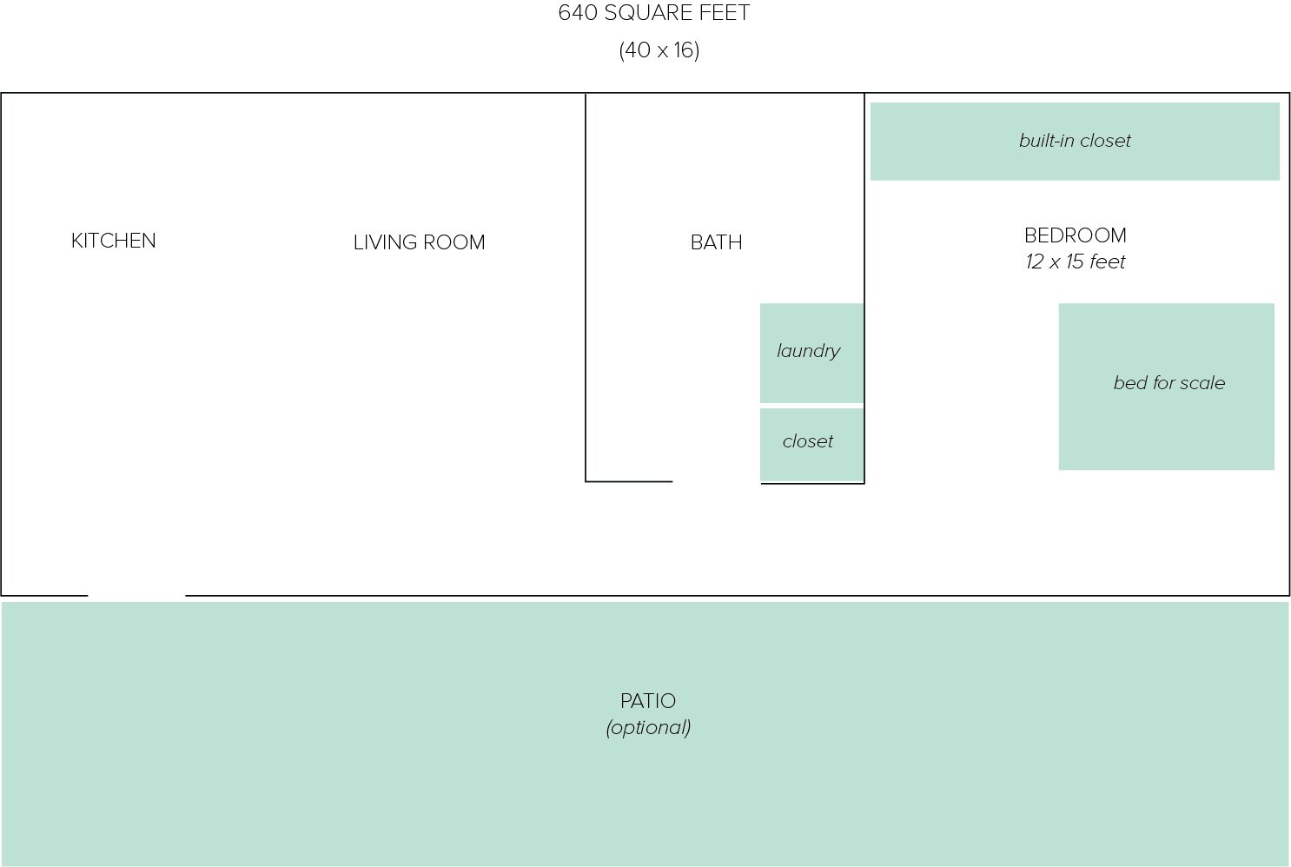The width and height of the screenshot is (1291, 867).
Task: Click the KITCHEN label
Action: [113, 241]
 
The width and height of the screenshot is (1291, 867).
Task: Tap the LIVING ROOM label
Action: [419, 242]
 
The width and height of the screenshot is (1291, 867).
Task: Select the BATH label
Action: [716, 242]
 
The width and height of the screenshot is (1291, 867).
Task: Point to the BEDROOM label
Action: [1075, 235]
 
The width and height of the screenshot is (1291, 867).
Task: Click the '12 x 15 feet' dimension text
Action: [1075, 261]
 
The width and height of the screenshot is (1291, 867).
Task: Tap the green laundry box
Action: [811, 378]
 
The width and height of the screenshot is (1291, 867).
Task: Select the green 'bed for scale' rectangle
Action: [1166, 426]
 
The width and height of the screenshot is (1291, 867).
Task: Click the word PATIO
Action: [647, 701]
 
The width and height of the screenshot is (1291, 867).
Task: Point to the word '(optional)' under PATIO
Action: [648, 727]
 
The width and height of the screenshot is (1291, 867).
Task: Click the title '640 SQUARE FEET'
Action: [653, 13]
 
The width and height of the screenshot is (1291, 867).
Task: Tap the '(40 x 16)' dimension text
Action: [659, 50]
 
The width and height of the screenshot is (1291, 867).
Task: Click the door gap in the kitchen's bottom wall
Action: [136, 595]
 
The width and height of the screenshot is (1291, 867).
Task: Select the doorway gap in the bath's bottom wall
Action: [716, 481]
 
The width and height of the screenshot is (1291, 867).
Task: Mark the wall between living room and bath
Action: [586, 287]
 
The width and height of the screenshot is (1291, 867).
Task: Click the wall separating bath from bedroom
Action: [864, 217]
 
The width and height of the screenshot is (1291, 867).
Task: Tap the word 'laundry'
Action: [808, 351]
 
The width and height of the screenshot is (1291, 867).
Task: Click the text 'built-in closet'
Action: [1075, 141]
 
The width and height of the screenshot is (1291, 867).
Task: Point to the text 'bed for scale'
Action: [1169, 383]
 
